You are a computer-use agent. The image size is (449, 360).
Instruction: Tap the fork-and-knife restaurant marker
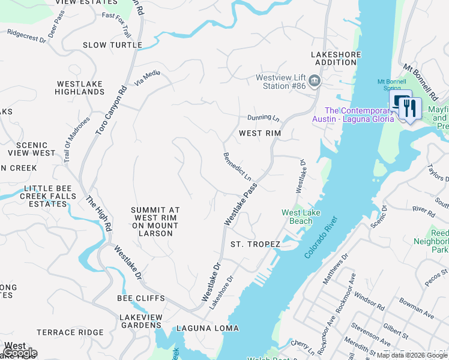click(x=411, y=109)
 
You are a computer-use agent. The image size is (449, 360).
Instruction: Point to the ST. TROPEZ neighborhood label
click(x=255, y=244)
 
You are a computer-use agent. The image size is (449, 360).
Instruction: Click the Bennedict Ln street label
click(x=237, y=167)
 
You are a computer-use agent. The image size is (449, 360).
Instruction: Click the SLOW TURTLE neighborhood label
click(x=112, y=45)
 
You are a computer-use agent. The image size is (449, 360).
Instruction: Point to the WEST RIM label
click(x=260, y=133)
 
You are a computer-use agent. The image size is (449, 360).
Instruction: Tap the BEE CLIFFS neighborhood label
click(x=141, y=298)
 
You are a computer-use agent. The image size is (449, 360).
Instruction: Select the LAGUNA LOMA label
click(x=207, y=328)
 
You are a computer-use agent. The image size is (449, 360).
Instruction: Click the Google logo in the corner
click(x=20, y=353)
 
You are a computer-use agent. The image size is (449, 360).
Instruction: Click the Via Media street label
click(x=148, y=79)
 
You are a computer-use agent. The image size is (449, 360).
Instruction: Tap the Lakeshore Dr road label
click(x=220, y=292)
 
